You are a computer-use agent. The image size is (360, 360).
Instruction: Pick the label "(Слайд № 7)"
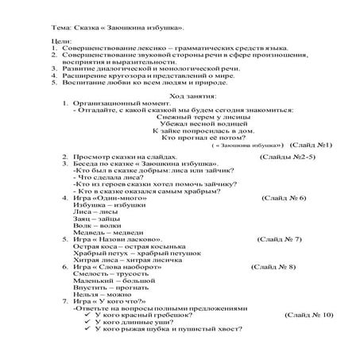279,238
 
